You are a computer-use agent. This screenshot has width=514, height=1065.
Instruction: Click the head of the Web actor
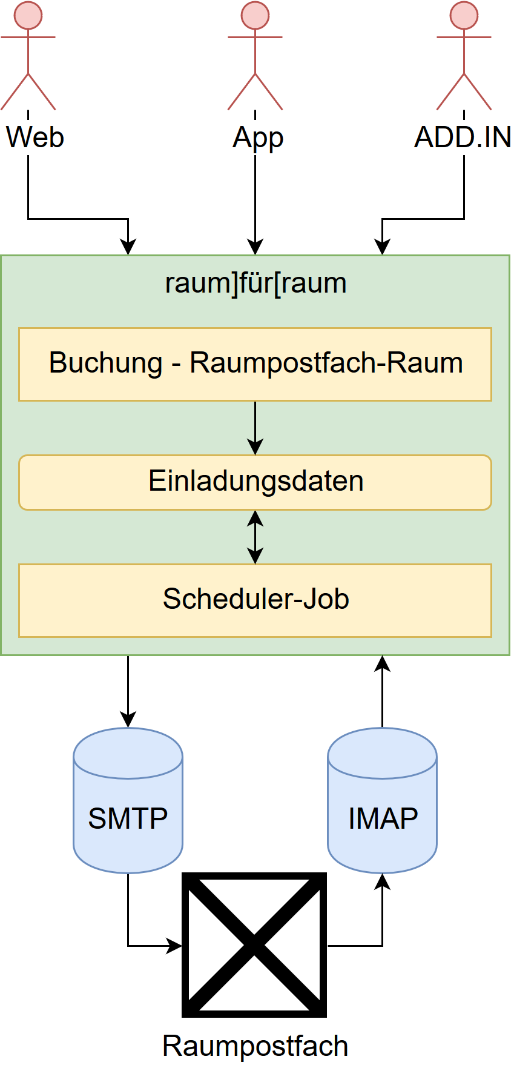tap(28, 15)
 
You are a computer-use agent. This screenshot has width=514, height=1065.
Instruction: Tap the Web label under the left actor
tap(35, 137)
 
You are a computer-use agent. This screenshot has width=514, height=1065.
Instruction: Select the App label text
tap(258, 138)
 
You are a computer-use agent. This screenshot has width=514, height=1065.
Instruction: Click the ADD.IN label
tap(463, 138)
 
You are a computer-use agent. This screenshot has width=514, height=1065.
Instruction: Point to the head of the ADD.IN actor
tap(464, 15)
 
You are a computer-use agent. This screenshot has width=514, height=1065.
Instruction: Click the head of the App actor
tap(255, 15)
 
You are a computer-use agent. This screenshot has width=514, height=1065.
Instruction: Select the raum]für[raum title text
tap(255, 284)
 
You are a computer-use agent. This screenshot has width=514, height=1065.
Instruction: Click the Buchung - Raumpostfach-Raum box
tap(255, 364)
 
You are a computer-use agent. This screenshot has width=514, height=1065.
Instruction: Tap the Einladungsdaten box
tap(255, 482)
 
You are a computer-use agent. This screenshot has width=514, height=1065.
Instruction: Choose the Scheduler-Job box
tap(255, 600)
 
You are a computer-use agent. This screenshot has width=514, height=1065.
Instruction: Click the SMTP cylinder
tap(128, 800)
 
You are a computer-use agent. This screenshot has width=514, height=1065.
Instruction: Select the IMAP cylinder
tap(382, 800)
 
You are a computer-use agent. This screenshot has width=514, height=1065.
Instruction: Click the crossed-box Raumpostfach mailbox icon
tap(254, 945)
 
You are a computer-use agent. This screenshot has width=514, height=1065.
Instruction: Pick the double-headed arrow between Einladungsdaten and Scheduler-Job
tap(255, 537)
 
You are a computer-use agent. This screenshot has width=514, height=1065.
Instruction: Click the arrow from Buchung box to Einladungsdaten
tap(255, 428)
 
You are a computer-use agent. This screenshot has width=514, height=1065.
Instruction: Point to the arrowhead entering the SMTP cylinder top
tap(128, 719)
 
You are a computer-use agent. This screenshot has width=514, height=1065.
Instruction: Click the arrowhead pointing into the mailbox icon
tap(174, 945)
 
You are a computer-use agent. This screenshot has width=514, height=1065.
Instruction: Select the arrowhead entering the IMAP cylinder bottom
tap(382, 881)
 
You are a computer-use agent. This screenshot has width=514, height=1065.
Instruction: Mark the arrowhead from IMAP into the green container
tap(382, 664)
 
